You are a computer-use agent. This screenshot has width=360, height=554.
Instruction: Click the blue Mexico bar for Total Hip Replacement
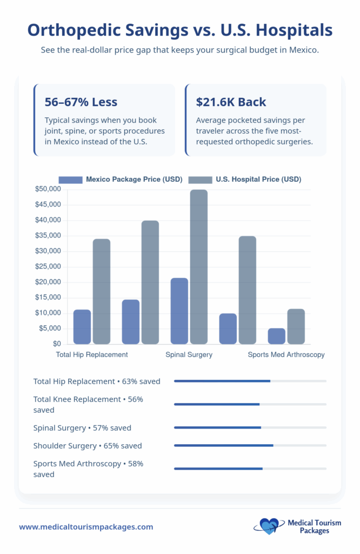point(82,327)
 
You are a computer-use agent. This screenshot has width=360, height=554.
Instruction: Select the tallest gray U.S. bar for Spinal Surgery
point(199,267)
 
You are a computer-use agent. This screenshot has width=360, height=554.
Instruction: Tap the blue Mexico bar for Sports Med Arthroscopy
point(277,336)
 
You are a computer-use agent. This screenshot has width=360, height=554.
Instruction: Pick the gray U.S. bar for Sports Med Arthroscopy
point(296,326)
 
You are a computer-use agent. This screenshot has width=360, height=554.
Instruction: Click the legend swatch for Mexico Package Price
point(70,179)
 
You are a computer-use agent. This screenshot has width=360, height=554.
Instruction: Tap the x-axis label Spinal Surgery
point(189,355)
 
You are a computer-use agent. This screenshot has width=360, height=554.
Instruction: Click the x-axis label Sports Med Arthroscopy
point(286,355)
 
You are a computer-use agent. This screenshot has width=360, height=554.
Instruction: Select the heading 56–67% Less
point(81,102)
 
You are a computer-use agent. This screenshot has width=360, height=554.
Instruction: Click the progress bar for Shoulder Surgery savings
point(250,446)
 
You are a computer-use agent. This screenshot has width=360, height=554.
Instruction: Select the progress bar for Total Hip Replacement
point(250,381)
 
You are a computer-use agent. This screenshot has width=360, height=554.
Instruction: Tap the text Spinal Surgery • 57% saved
point(82,427)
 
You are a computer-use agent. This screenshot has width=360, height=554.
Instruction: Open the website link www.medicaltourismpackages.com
point(86,526)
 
